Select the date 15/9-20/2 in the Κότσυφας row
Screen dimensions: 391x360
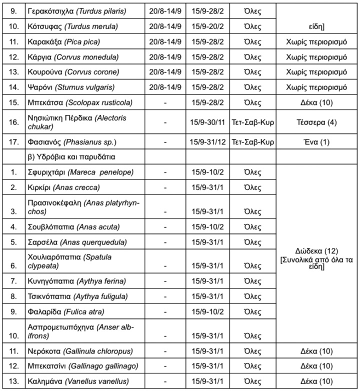[x=207, y=25]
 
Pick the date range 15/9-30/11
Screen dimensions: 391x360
[x=207, y=121]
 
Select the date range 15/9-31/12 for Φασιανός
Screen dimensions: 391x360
[x=207, y=142]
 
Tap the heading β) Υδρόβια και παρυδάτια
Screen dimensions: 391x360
[x=72, y=156]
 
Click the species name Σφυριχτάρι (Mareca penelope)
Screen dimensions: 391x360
[x=77, y=172]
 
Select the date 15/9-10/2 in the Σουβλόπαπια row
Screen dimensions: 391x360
[x=207, y=226]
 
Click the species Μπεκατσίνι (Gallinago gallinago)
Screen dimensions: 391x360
[x=83, y=366]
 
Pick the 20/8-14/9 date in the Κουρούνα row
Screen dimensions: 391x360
[x=165, y=71]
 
